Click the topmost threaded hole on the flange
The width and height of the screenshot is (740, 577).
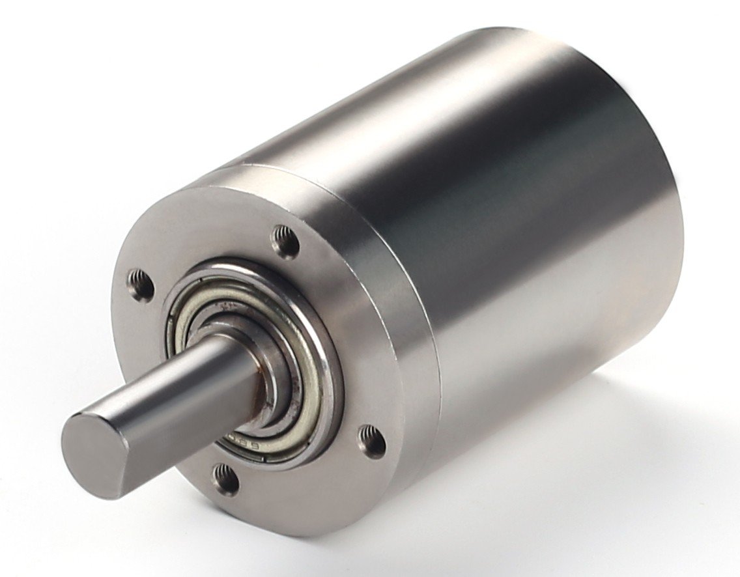click(285, 242)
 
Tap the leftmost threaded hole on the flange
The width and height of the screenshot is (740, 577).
click(140, 285)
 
